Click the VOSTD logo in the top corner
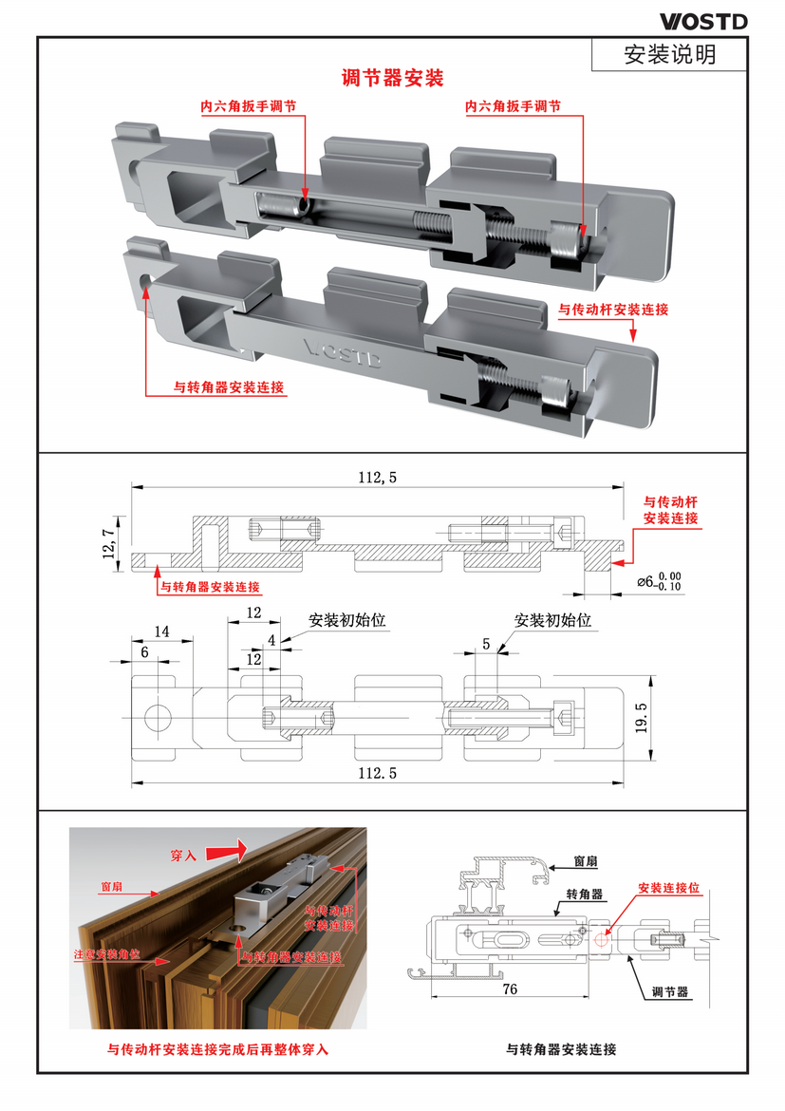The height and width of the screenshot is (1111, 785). [x=703, y=21]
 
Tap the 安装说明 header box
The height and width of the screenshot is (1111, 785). [x=669, y=54]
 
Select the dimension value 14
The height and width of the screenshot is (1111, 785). [x=161, y=631]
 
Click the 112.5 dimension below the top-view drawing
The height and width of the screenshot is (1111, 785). [x=378, y=774]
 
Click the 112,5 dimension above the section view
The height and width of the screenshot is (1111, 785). [x=378, y=479]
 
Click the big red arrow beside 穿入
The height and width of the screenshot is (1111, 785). [x=225, y=846]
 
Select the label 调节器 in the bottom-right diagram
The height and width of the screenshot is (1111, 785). [x=670, y=992]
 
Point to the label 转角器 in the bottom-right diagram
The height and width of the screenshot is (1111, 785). [x=585, y=894]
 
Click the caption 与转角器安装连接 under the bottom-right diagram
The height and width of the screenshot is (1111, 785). [x=561, y=1049]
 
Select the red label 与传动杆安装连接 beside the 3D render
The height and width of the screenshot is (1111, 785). [x=613, y=311]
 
